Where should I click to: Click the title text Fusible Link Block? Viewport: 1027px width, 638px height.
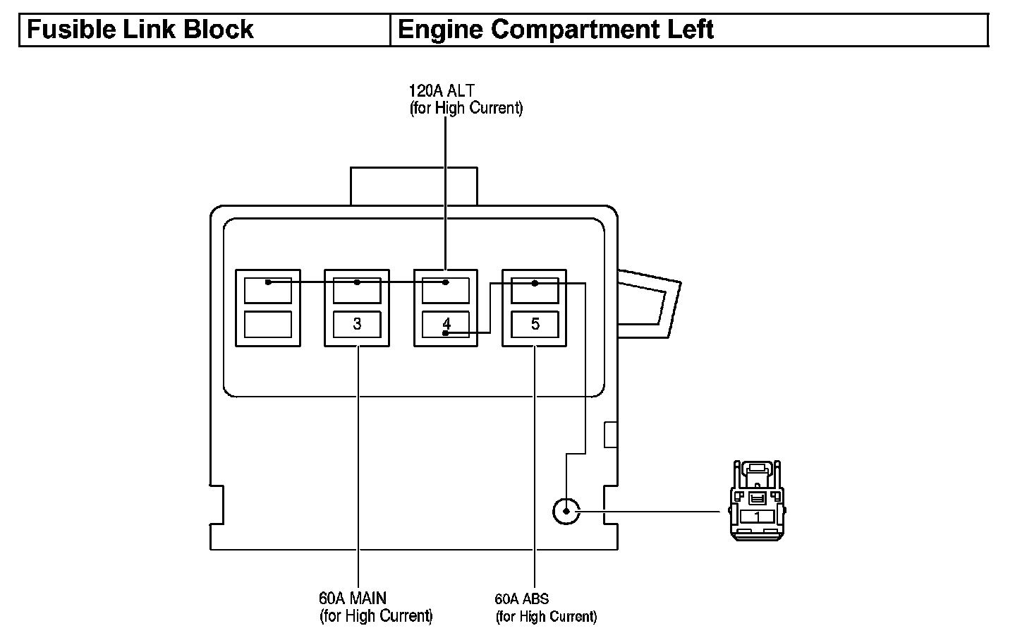[x=140, y=30]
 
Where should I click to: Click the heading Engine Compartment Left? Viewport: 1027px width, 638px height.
[x=556, y=30]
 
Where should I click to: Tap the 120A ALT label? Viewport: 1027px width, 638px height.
[x=442, y=90]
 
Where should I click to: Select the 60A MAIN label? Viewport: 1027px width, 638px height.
[x=353, y=598]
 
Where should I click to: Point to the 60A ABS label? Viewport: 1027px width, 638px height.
[x=522, y=599]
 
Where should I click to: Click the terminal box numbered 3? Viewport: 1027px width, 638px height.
[x=357, y=324]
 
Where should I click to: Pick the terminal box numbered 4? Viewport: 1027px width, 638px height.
[x=446, y=323]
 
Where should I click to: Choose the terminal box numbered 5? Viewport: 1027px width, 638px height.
[x=535, y=324]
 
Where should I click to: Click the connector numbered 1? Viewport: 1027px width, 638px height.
[x=757, y=501]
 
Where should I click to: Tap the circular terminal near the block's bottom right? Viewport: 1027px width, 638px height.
[x=566, y=511]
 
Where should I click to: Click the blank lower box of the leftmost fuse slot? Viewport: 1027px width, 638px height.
[x=268, y=324]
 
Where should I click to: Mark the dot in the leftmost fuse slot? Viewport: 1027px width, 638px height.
[x=268, y=282]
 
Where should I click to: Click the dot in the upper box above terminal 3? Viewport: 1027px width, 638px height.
[x=357, y=282]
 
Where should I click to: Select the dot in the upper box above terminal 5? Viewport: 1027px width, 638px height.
[x=535, y=283]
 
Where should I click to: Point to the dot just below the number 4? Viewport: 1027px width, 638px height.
[x=445, y=332]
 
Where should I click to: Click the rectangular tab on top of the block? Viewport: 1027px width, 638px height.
[x=413, y=186]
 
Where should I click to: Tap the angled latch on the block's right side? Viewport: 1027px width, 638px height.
[x=648, y=302]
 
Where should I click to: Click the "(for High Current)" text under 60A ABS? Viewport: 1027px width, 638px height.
[x=547, y=617]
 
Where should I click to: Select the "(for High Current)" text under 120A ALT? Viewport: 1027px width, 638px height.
[x=466, y=109]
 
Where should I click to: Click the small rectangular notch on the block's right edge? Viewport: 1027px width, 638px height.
[x=611, y=434]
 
